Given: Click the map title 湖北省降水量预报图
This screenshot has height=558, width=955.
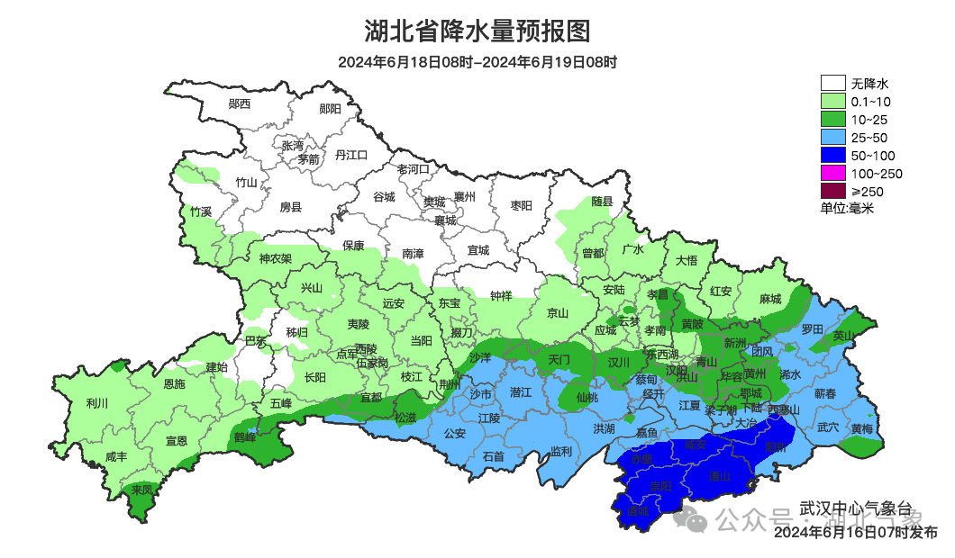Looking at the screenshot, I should pyautogui.click(x=477, y=31).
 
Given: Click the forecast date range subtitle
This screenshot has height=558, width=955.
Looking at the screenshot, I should pyautogui.click(x=477, y=62).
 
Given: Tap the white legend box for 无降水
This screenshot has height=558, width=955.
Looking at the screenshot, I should pyautogui.click(x=832, y=84).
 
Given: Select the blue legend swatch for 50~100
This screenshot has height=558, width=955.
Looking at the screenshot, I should pyautogui.click(x=832, y=156).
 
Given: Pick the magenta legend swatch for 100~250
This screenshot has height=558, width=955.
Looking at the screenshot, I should pyautogui.click(x=832, y=174).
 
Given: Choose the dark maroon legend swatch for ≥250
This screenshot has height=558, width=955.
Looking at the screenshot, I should pyautogui.click(x=832, y=191).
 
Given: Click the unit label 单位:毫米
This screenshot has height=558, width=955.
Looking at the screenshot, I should pyautogui.click(x=847, y=208).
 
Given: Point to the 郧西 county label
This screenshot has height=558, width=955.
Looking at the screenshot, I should pyautogui.click(x=240, y=103).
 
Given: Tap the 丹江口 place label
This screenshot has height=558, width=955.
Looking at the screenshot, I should pyautogui.click(x=351, y=155).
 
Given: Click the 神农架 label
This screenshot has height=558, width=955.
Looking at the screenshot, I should pyautogui.click(x=276, y=259).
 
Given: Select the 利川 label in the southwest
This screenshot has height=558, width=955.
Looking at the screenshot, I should pyautogui.click(x=96, y=403).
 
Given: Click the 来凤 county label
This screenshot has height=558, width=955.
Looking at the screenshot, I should pyautogui.click(x=141, y=490).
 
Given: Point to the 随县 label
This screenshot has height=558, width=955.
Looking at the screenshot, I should pyautogui.click(x=602, y=202).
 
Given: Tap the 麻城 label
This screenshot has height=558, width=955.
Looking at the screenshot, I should pyautogui.click(x=769, y=299).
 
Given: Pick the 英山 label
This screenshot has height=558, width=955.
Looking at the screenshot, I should pyautogui.click(x=842, y=335).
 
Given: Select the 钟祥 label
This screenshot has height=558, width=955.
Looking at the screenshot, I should pyautogui.click(x=501, y=295).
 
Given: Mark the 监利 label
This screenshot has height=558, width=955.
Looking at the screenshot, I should pyautogui.click(x=560, y=450).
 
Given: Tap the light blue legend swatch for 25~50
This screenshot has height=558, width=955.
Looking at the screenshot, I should pyautogui.click(x=832, y=138).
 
